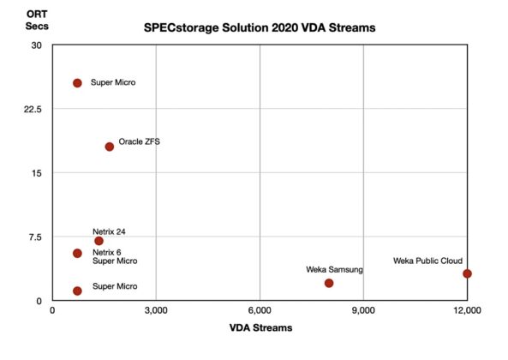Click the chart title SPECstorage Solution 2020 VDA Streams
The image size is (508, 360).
coord(260,28)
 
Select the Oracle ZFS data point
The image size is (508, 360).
coord(110,147)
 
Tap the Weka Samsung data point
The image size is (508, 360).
coord(329,283)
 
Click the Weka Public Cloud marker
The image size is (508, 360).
coord(467,273)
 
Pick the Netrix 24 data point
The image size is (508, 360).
coord(99,241)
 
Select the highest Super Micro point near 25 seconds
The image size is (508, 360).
coord(77,83)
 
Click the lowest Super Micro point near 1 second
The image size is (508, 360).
coord(77,291)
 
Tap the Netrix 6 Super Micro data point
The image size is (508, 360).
coord(77,253)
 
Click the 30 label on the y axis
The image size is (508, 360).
coord(36,45)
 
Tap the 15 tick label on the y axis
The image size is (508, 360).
coord(36,173)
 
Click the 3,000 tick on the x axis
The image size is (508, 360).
coord(156,309)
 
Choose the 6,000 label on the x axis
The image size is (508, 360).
coord(260,309)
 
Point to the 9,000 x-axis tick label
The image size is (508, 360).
coord(363,309)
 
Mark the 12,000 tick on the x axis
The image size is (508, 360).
coord(466,309)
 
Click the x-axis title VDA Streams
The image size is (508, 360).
coord(259,327)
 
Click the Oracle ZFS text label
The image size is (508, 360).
coord(139,142)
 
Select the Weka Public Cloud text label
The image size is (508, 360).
coord(427,261)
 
